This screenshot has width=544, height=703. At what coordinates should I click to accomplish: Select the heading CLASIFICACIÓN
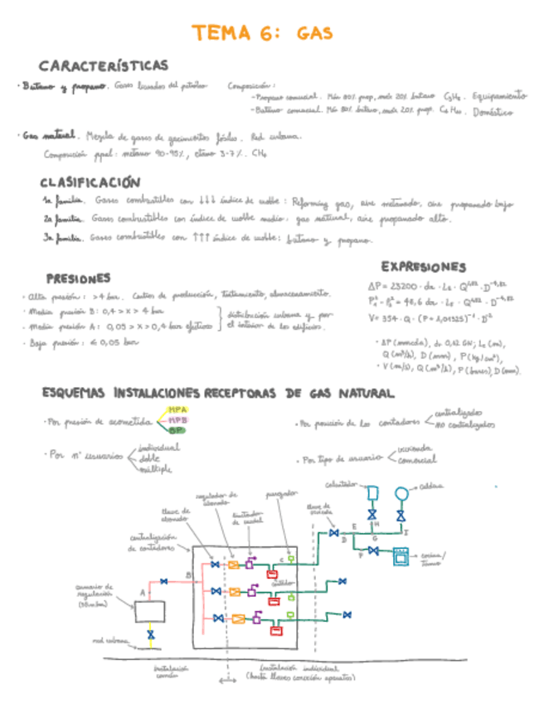[90, 182]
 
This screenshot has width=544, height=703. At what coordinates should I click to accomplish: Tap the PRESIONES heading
[78, 279]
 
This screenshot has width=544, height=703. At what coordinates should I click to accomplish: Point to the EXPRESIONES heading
[423, 267]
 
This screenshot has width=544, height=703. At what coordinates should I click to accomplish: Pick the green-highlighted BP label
[177, 430]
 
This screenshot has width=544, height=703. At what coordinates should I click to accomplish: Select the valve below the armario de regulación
[150, 635]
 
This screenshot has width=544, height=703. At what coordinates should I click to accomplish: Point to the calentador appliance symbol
[372, 493]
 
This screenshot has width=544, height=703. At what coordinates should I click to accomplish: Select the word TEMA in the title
[222, 34]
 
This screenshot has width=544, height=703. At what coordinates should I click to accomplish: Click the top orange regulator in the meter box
[234, 565]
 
